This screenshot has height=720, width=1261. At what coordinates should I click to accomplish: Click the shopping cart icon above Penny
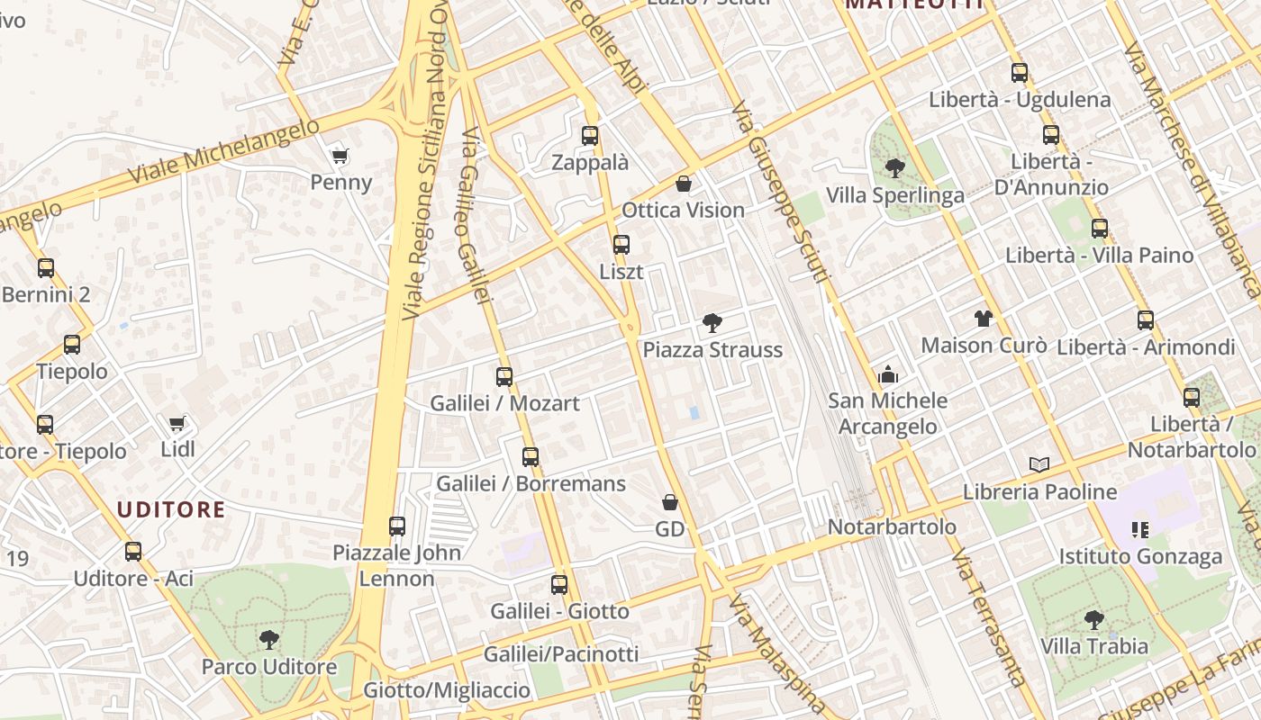pyautogui.click(x=340, y=157)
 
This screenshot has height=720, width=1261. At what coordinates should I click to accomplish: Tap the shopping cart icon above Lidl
pyautogui.click(x=177, y=423)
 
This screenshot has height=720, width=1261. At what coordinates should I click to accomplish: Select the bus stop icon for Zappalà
pyautogui.click(x=590, y=136)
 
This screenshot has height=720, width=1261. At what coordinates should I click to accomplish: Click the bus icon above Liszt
pyautogui.click(x=621, y=244)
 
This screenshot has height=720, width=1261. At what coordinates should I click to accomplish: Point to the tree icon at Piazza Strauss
pyautogui.click(x=712, y=322)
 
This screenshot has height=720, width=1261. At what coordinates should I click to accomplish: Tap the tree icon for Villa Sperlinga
pyautogui.click(x=894, y=167)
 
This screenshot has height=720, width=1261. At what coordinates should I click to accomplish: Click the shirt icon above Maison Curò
pyautogui.click(x=983, y=318)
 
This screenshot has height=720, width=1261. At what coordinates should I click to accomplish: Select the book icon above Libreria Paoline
pyautogui.click(x=1039, y=464)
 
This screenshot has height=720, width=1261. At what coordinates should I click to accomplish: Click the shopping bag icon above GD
pyautogui.click(x=669, y=501)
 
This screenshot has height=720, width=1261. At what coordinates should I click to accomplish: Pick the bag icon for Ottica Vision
pyautogui.click(x=684, y=184)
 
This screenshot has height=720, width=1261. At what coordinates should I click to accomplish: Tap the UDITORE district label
pyautogui.click(x=171, y=510)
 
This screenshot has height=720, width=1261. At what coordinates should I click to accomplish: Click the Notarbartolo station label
pyautogui.click(x=892, y=526)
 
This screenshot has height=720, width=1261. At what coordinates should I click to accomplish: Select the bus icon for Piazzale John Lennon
pyautogui.click(x=397, y=526)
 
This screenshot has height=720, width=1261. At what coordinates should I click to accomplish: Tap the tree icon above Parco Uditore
pyautogui.click(x=268, y=640)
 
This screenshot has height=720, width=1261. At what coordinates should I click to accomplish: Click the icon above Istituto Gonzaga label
pyautogui.click(x=1139, y=530)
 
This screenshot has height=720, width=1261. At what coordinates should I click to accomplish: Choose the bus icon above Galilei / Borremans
pyautogui.click(x=531, y=456)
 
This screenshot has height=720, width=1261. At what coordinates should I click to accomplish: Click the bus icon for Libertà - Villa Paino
pyautogui.click(x=1099, y=229)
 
